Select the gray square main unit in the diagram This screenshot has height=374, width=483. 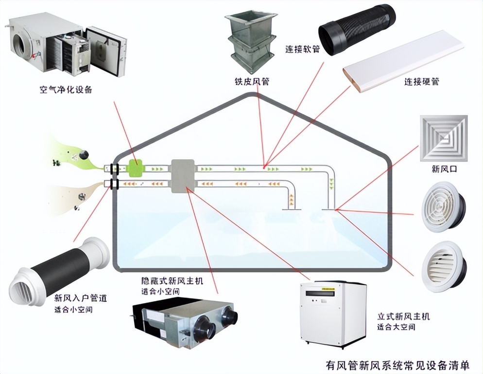[x=182, y=175]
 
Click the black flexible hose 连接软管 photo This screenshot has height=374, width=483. [x=357, y=29]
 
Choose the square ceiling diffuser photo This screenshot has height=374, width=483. [x=443, y=138]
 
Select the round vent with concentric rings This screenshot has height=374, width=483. [x=442, y=206]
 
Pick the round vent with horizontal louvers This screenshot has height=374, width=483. [x=443, y=265]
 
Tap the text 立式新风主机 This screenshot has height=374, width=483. [x=403, y=317]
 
